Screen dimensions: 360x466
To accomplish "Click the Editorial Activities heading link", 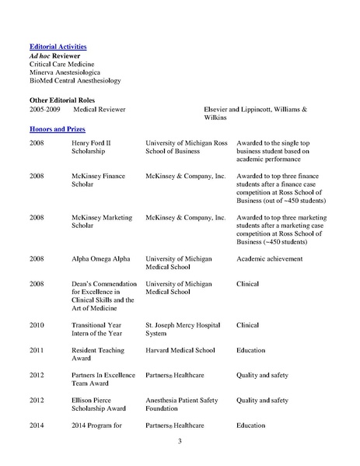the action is (58, 47).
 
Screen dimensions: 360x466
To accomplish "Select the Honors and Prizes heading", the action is (57, 127).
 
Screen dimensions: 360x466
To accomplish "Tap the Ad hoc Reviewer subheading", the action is (56, 56).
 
